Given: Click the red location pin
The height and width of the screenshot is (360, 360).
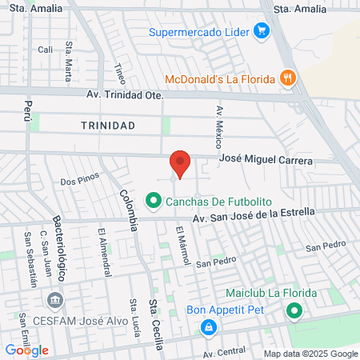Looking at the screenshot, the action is click(x=180, y=163).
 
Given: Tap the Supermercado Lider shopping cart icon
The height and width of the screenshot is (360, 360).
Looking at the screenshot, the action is click(x=261, y=32).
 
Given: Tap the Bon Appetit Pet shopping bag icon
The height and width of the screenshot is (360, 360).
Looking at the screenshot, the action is click(x=208, y=326).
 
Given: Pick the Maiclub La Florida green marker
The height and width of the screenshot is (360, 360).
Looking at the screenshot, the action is click(x=294, y=310).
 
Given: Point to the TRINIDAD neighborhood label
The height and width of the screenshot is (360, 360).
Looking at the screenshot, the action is click(x=108, y=126).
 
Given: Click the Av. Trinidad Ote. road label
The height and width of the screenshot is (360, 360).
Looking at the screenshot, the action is click(x=124, y=95).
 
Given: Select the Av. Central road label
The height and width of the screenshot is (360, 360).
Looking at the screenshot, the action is click(x=224, y=352).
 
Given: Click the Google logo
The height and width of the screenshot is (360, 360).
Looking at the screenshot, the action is click(x=26, y=350).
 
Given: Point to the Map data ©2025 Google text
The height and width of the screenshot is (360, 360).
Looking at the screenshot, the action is click(x=311, y=354).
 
